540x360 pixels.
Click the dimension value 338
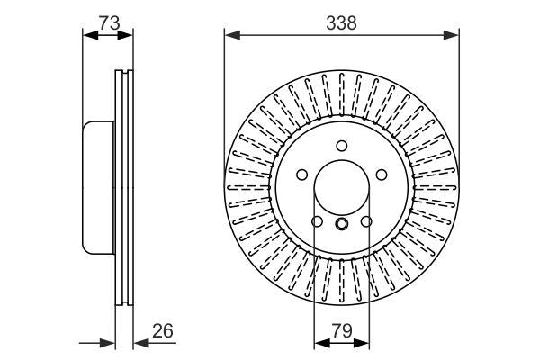(x=342, y=24)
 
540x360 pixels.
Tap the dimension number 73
(x=109, y=24)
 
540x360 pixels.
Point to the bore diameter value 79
(x=341, y=331)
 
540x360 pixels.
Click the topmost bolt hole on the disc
(x=341, y=147)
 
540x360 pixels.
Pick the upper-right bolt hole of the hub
(x=381, y=175)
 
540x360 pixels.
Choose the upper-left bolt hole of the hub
(x=301, y=175)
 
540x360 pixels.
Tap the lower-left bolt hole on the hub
(x=317, y=221)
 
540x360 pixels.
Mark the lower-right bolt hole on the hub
(x=365, y=221)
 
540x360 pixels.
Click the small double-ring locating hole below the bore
(x=341, y=225)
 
